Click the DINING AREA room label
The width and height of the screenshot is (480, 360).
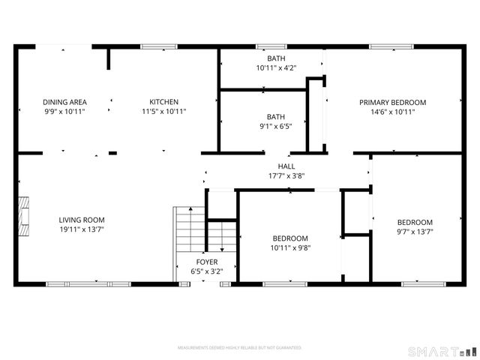click(64, 102)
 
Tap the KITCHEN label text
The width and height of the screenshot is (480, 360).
click(163, 102)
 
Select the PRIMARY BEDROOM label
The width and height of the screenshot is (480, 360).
click(392, 103)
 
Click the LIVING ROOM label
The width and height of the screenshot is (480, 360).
click(82, 220)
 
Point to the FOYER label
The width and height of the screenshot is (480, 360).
click(207, 262)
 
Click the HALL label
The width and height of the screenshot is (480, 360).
click(286, 166)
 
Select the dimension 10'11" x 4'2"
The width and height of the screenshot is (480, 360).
click(276, 67)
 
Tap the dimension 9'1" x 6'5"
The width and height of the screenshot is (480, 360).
click(276, 126)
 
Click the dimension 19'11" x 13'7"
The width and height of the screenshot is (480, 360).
click(82, 229)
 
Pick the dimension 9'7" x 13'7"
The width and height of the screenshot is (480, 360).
click(415, 232)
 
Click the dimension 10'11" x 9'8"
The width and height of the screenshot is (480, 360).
click(290, 247)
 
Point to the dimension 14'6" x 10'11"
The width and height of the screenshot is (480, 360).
click(392, 112)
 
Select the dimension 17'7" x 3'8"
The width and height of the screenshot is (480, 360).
click(286, 176)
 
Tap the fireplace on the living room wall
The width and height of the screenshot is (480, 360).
click(25, 217)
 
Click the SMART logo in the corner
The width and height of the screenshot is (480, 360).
click(440, 350)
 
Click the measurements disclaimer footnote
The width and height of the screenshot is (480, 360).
click(239, 348)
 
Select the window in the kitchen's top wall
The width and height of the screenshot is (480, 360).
click(158, 47)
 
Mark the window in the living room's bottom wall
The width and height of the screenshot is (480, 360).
click(88, 284)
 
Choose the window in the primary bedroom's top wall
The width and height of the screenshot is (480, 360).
click(391, 47)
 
